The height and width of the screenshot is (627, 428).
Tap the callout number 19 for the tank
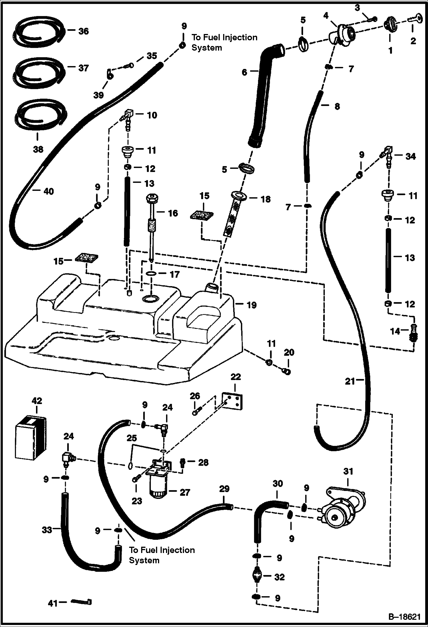click(x=251, y=305)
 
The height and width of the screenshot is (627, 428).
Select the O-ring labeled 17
click(x=152, y=274)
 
